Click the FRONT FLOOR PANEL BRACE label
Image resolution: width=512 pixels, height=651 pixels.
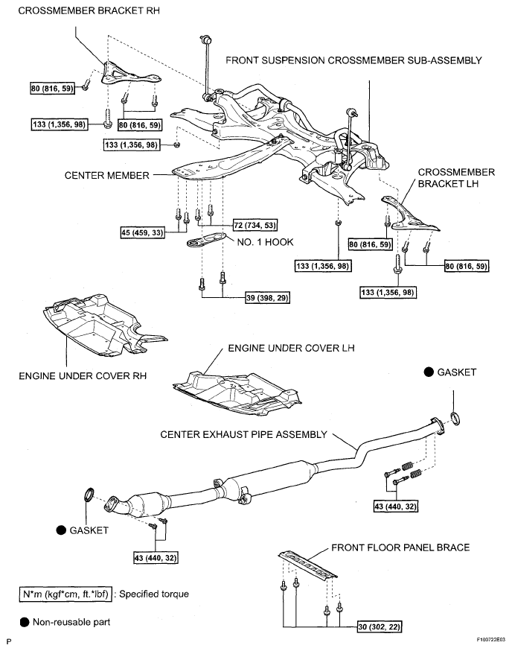(400, 547)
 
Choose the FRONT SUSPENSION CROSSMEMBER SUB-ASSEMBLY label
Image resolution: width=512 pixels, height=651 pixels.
(354, 60)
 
